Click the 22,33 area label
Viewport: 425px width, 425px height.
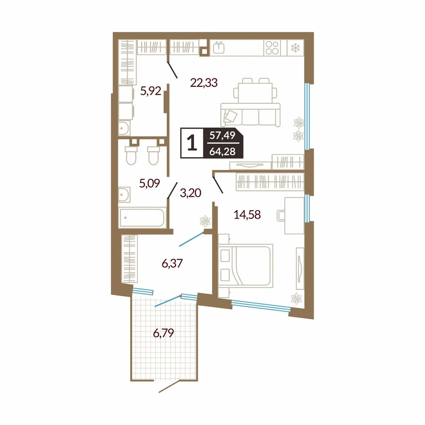pyautogui.click(x=204, y=83)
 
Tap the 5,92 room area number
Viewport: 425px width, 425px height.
pyautogui.click(x=151, y=91)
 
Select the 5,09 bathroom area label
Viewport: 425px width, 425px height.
pyautogui.click(x=150, y=184)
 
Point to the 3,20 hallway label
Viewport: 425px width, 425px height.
pyautogui.click(x=190, y=193)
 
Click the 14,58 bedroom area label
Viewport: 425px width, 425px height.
pyautogui.click(x=247, y=215)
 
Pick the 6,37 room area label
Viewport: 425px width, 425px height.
pyautogui.click(x=173, y=263)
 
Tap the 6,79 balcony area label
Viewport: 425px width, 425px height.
pyautogui.click(x=164, y=333)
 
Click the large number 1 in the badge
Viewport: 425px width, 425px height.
pyautogui.click(x=192, y=143)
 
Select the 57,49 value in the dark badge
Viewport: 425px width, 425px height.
pyautogui.click(x=222, y=135)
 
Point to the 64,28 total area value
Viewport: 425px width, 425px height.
pyautogui.click(x=222, y=151)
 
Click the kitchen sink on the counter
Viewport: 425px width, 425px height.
pyautogui.click(x=218, y=48)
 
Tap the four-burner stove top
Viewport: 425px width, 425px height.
pyautogui.click(x=272, y=48)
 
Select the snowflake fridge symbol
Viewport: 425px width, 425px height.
pyautogui.click(x=295, y=48)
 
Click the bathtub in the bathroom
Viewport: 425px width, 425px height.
pyautogui.click(x=142, y=217)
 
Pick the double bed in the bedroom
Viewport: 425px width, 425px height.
pyautogui.click(x=245, y=265)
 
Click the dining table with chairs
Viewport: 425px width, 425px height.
pyautogui.click(x=255, y=91)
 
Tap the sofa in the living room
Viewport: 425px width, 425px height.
pyautogui.click(x=250, y=114)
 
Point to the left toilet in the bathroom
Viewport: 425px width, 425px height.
pyautogui.click(x=131, y=155)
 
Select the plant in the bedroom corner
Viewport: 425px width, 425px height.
pyautogui.click(x=296, y=298)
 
